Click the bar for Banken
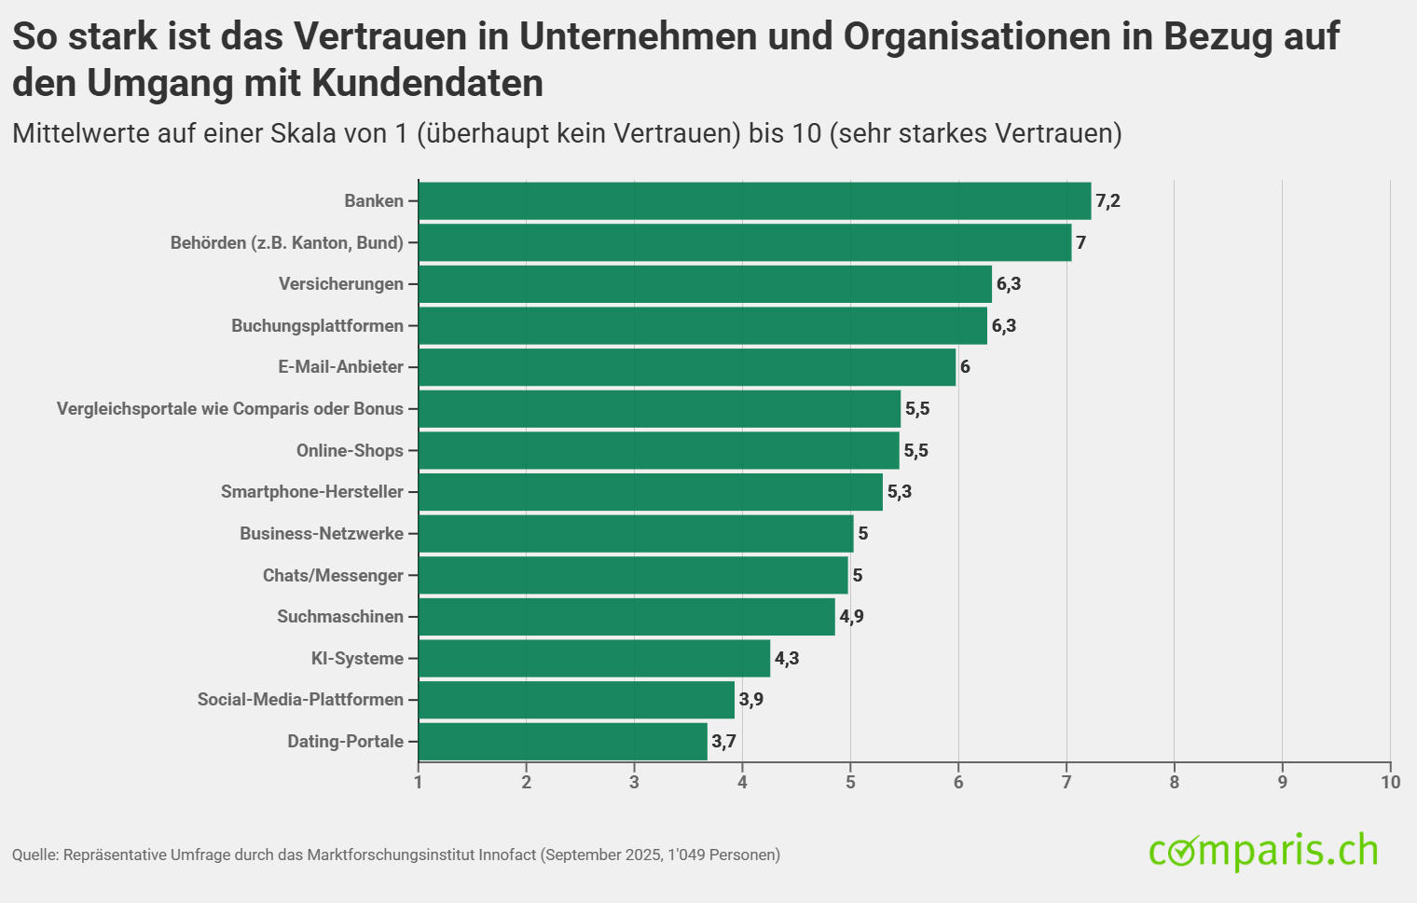(754, 201)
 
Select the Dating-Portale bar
(562, 742)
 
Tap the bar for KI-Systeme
(594, 659)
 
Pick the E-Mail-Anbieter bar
(687, 367)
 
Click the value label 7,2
(1107, 201)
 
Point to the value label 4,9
(851, 617)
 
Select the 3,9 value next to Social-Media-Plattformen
(751, 700)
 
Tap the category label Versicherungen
(341, 284)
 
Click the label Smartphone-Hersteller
(312, 492)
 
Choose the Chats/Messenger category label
(333, 576)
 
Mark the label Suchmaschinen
(340, 617)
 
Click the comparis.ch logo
(1263, 851)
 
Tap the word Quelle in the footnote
(34, 855)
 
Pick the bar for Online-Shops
(658, 451)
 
